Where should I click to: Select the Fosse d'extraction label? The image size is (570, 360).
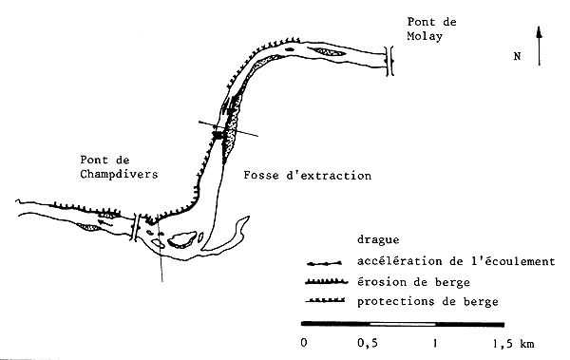point(307,176)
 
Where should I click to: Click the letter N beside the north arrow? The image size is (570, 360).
point(517,56)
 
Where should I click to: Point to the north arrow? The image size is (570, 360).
point(540,46)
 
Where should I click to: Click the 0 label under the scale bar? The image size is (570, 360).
point(303,341)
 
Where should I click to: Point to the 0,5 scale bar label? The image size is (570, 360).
point(366,341)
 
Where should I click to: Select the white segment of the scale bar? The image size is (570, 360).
point(398,326)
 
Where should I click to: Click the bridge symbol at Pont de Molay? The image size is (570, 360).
point(389,60)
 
